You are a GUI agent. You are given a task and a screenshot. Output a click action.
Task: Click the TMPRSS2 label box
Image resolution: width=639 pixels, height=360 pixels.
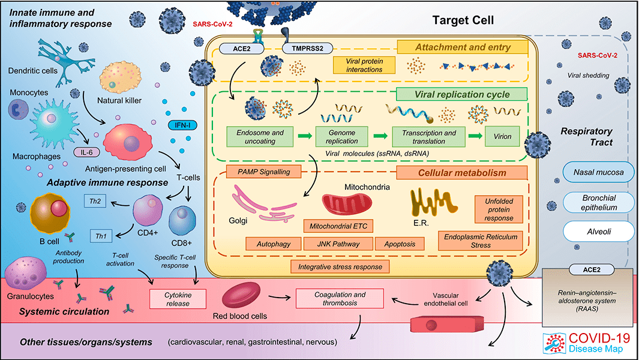[x=307, y=49]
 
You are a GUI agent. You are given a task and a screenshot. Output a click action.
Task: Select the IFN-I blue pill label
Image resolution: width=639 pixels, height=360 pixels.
[x=182, y=125]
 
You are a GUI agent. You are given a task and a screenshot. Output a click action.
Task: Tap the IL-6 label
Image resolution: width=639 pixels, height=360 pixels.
[x=86, y=152]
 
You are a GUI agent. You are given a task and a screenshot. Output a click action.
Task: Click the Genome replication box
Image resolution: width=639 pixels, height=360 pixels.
[x=341, y=137]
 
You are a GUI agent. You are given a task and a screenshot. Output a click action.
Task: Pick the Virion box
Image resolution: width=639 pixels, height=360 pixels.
[x=502, y=137]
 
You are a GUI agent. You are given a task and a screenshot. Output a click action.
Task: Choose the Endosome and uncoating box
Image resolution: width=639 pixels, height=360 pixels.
[x=260, y=137]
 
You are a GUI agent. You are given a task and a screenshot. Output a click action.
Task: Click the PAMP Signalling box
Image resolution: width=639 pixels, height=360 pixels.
[x=263, y=172]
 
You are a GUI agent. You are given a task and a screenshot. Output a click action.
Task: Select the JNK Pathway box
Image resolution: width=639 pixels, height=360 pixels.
[x=338, y=244]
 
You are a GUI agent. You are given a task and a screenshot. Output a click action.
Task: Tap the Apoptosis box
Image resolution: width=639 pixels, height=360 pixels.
[x=400, y=244]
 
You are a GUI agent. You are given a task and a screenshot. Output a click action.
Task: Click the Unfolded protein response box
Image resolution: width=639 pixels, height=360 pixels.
[x=499, y=209]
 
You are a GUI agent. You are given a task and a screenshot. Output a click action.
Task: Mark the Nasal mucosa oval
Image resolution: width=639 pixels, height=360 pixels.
[x=598, y=172]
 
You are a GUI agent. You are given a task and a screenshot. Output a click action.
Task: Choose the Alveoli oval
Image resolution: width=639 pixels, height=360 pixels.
[x=599, y=232]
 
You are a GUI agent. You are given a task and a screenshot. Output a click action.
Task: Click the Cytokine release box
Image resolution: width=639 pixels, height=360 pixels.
[x=178, y=299]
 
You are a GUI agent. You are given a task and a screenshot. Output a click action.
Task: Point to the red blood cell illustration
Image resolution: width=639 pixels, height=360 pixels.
[x=241, y=295]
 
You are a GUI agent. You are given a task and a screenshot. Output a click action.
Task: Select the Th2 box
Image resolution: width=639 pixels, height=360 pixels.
[x=95, y=201]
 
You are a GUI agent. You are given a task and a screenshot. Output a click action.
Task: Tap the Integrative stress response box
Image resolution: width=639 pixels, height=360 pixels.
[x=340, y=266]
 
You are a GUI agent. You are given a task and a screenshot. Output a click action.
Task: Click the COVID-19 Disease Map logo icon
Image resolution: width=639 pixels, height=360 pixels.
[x=554, y=343]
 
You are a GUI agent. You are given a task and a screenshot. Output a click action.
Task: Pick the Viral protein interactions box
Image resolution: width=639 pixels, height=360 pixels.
[x=364, y=65]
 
